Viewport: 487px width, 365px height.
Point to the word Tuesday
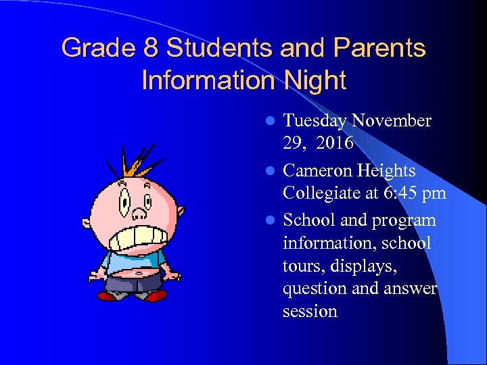click(315, 121)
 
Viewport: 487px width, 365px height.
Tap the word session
click(310, 311)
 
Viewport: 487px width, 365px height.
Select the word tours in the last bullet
click(302, 266)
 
